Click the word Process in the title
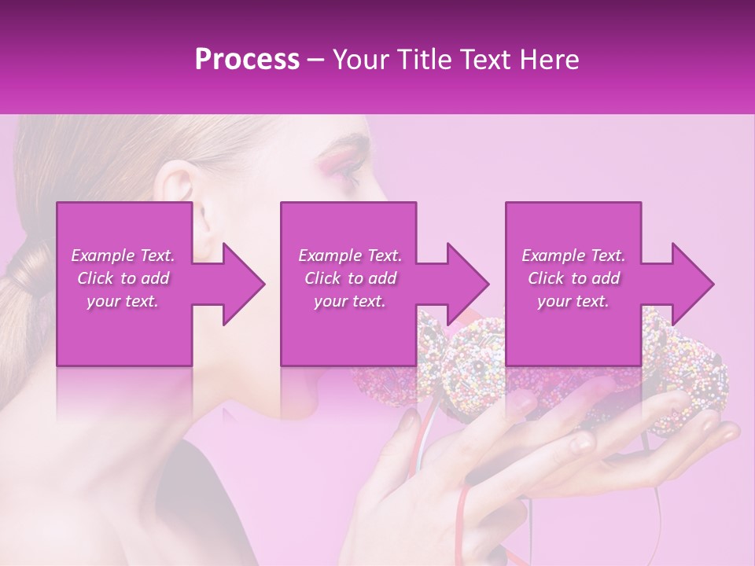[x=247, y=60]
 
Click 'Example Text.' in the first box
[x=123, y=256]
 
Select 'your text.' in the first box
[x=123, y=301]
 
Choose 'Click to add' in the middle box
[x=350, y=278]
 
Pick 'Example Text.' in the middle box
[x=350, y=256]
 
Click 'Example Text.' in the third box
[x=573, y=256]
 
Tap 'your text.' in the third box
[x=573, y=301]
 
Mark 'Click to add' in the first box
[x=123, y=278]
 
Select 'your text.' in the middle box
[x=350, y=301]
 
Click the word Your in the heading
[x=360, y=60]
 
